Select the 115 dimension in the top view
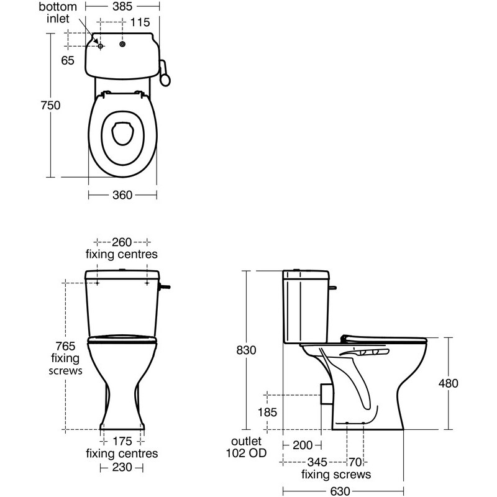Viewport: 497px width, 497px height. tap(140, 22)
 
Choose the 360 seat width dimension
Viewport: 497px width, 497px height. tap(122, 195)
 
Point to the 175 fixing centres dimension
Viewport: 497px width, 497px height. tap(122, 442)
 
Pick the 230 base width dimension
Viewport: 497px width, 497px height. tap(122, 467)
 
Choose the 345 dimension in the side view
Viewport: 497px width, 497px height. tap(317, 463)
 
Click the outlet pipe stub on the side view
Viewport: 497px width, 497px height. tap(324, 394)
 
